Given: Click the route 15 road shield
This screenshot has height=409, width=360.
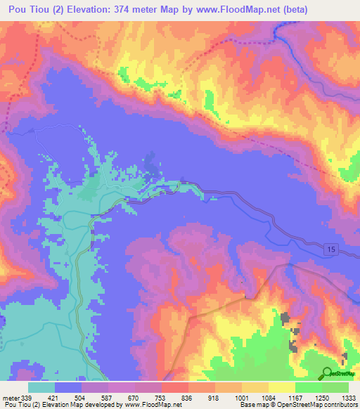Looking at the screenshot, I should (x=331, y=249).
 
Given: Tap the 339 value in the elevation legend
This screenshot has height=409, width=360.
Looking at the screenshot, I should (x=27, y=398).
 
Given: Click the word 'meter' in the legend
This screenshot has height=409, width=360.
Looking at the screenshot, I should (x=12, y=398).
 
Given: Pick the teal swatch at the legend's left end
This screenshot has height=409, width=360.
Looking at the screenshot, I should (x=41, y=387).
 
